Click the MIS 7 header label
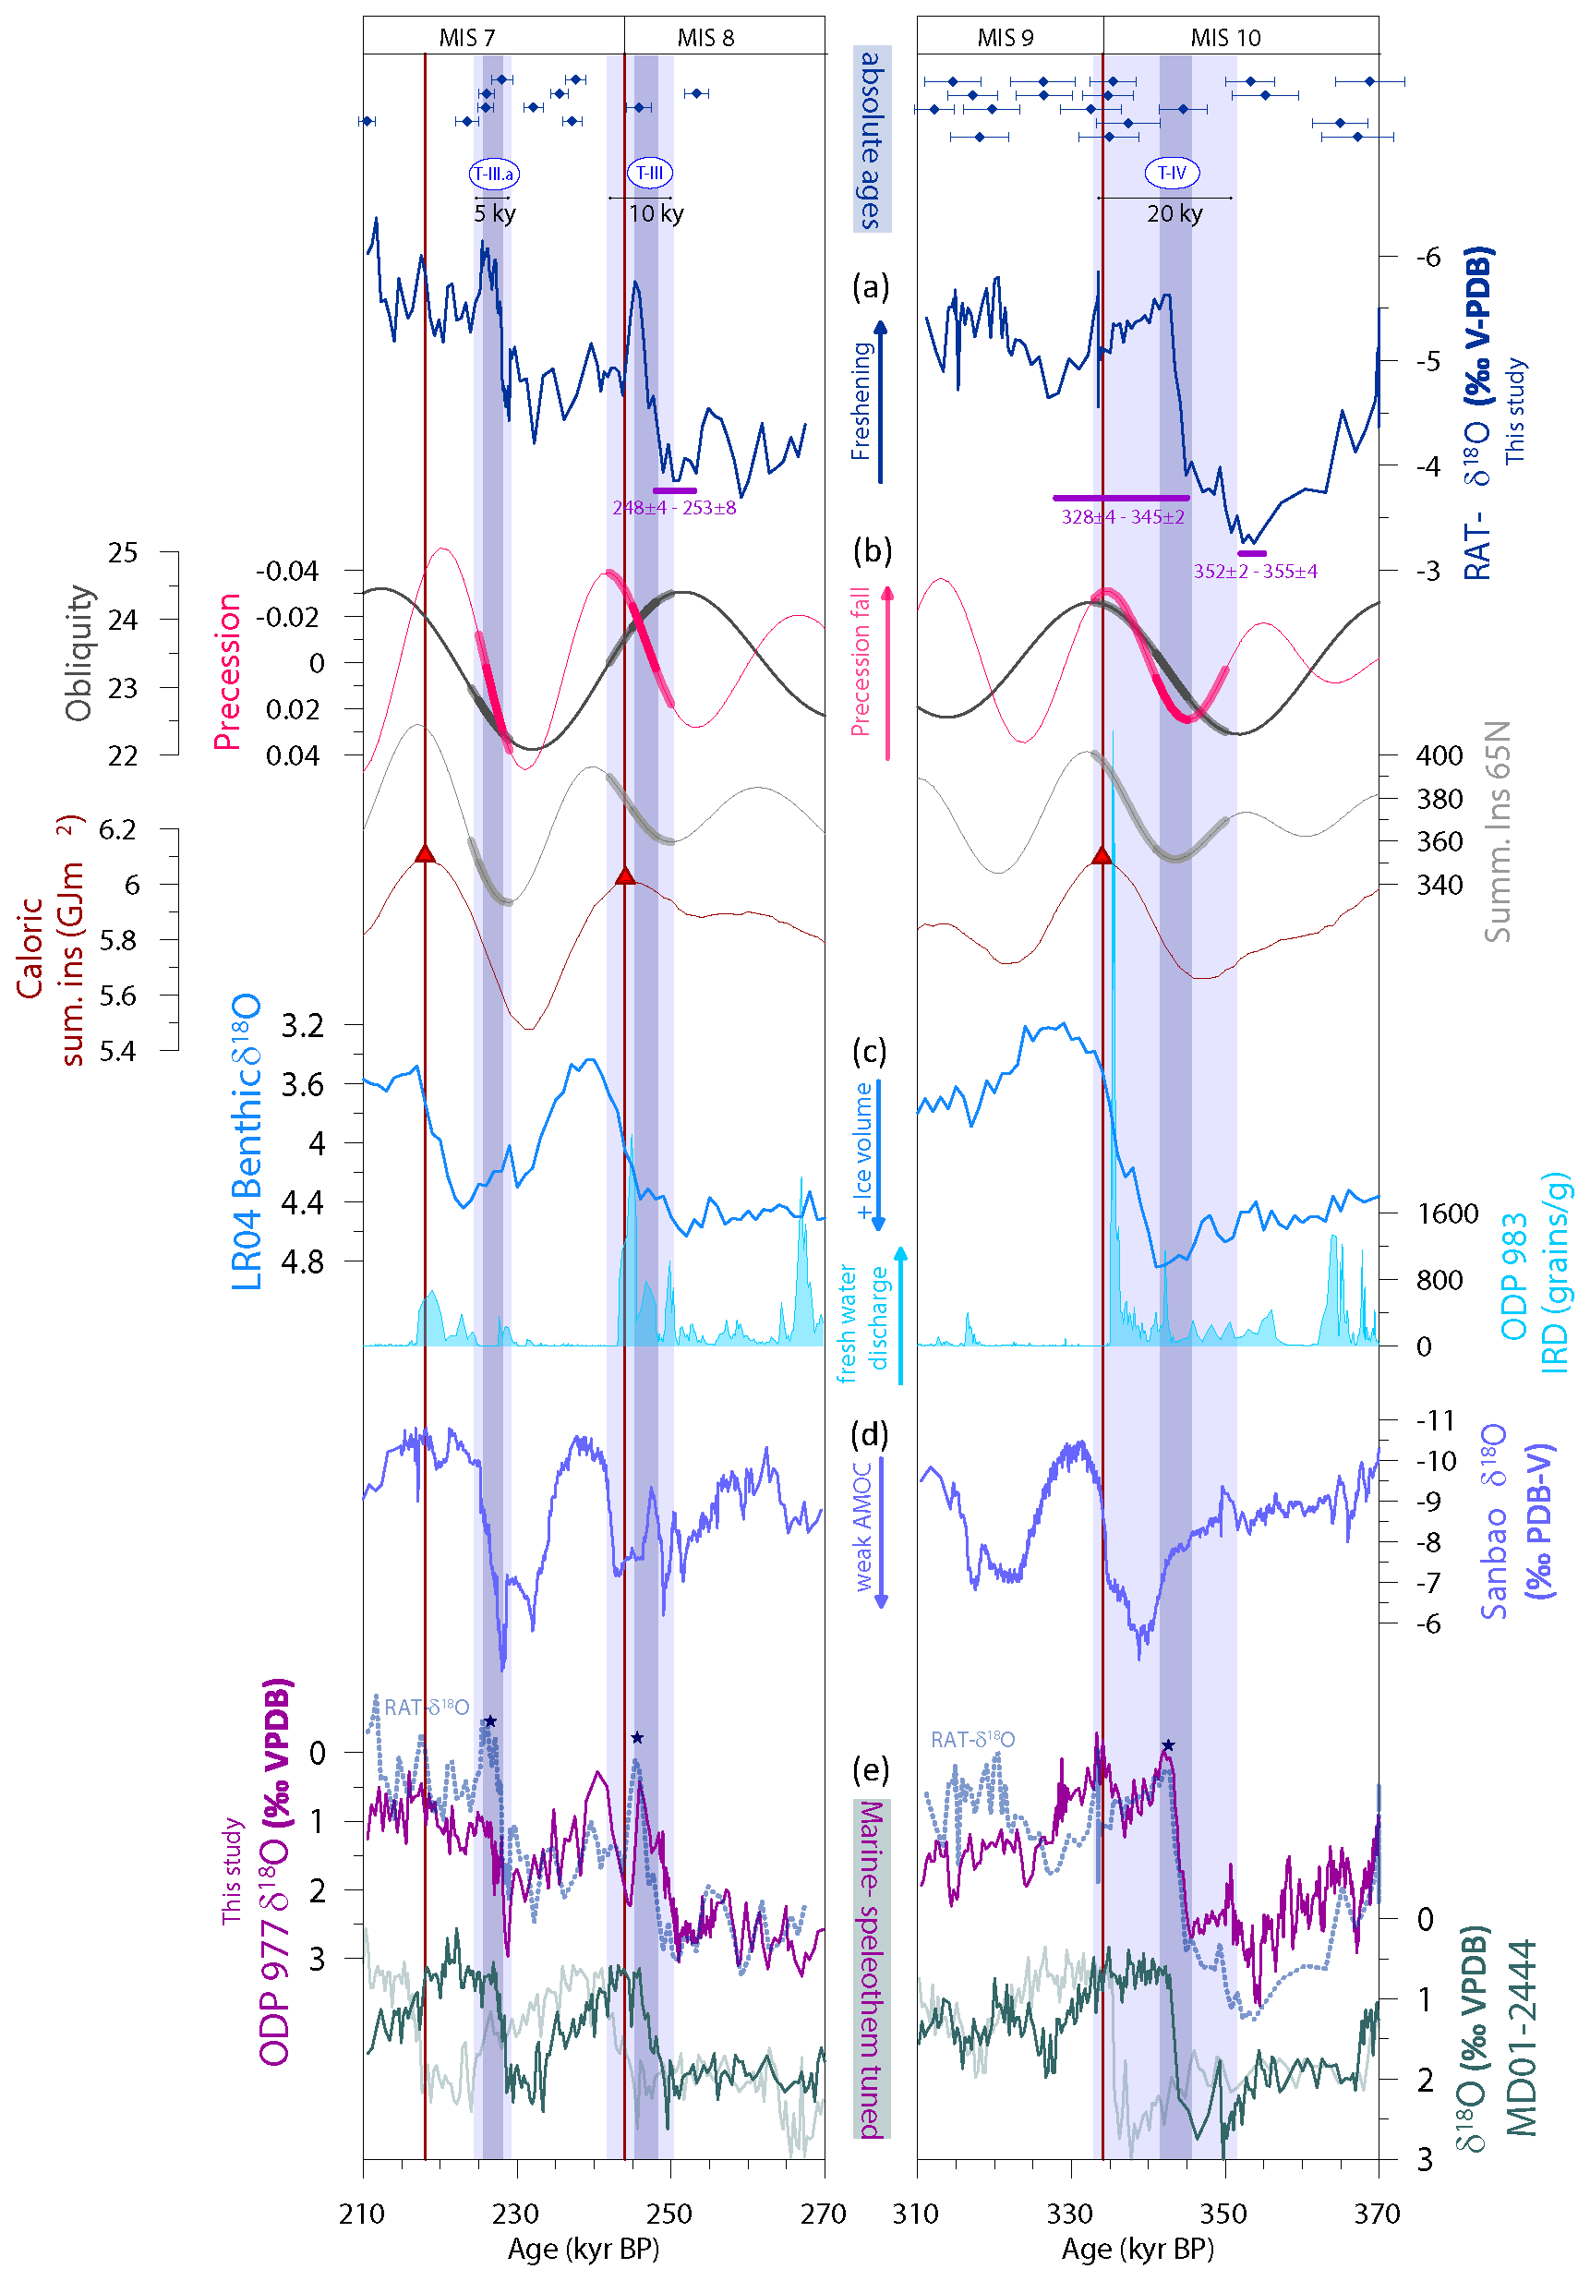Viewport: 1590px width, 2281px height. coord(467,38)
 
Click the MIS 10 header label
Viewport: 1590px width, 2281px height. coord(1224,38)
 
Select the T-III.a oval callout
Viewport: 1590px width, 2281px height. coord(494,174)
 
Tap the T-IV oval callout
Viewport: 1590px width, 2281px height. coord(1172,173)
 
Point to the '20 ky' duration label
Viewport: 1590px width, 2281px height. coord(1174,213)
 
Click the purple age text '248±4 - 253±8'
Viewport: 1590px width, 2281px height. coord(673,508)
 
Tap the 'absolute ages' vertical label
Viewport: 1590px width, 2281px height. coord(871,140)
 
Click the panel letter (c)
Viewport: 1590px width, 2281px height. coord(871,1051)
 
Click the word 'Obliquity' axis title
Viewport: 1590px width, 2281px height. coord(78,652)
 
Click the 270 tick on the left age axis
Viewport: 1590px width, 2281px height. coord(824,2213)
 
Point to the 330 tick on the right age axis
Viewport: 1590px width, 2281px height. coord(1069,2213)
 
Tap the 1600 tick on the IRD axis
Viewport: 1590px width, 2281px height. coord(1447,1213)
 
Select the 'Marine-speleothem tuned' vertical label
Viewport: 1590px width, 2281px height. coord(871,1968)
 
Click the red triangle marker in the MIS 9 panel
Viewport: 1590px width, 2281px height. coord(1102,855)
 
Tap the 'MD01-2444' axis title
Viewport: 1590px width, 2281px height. coord(1522,2036)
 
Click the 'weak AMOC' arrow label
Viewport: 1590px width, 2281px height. coord(862,1525)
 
